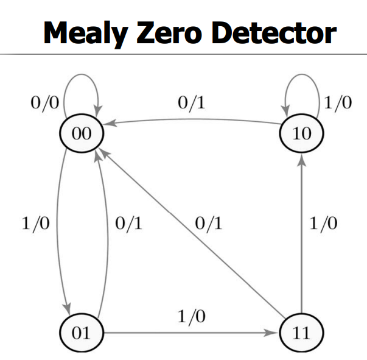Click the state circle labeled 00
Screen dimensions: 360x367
(82, 133)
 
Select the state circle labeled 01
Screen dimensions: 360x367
(82, 333)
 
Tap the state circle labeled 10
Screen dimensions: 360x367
(301, 133)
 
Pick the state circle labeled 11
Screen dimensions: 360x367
(301, 333)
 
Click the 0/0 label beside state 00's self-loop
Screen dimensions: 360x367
(44, 102)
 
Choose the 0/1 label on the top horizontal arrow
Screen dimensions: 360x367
(191, 103)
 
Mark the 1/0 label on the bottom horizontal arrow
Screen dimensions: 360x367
(191, 316)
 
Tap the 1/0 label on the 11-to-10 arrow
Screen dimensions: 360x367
(323, 224)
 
